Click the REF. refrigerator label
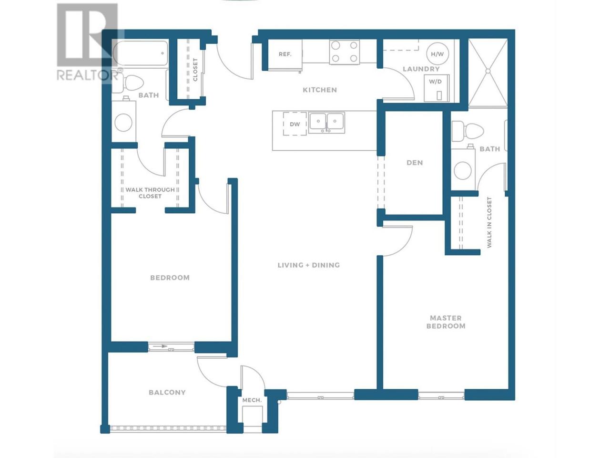(x=285, y=54)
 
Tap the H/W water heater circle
(x=437, y=54)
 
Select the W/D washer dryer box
(x=437, y=88)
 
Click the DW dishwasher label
(x=295, y=124)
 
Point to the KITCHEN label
(x=320, y=90)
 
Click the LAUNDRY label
(x=421, y=69)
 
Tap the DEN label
(x=414, y=163)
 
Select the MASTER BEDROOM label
(x=446, y=322)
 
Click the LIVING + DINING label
(x=308, y=265)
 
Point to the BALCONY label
(x=167, y=392)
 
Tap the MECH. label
(x=252, y=400)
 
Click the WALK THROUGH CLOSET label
(x=150, y=193)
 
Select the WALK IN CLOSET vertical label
(x=489, y=222)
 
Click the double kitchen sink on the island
(x=326, y=122)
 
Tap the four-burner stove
(x=345, y=52)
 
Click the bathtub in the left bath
(x=141, y=53)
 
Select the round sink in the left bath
(x=123, y=122)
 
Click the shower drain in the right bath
(x=488, y=71)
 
